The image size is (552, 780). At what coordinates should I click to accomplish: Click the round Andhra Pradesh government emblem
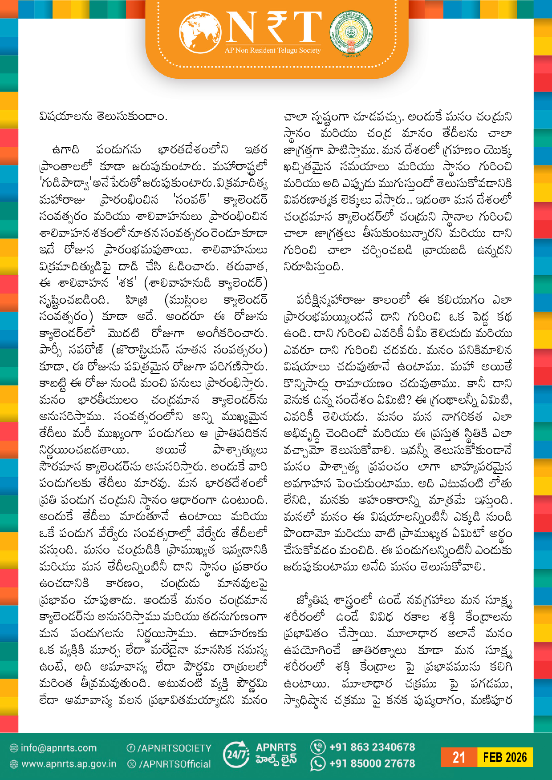pos(351,33)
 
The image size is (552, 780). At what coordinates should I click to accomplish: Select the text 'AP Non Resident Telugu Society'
pos(272,51)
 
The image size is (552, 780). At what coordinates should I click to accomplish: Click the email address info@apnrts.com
pos(58,748)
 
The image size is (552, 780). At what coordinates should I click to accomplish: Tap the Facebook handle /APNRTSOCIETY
pos(174,748)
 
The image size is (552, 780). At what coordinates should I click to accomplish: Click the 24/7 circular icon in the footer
pos(236,755)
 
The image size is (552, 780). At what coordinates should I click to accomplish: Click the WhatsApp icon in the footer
pos(318,764)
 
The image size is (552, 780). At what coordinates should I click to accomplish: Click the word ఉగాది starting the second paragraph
pos(66,150)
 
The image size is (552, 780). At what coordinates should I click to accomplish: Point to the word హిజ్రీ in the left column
pos(137,300)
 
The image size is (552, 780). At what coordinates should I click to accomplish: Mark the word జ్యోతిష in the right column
pos(312,600)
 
